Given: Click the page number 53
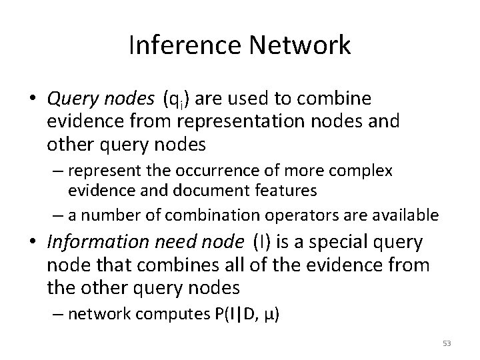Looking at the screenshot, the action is [446, 343].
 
